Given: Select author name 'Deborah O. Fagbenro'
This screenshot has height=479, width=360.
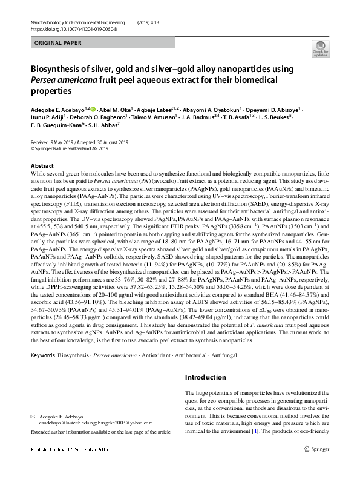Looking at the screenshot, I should pos(99,116).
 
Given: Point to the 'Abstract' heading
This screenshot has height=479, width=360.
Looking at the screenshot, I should pos(42,165).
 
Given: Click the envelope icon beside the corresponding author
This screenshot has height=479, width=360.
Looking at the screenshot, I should pos(34,418).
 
